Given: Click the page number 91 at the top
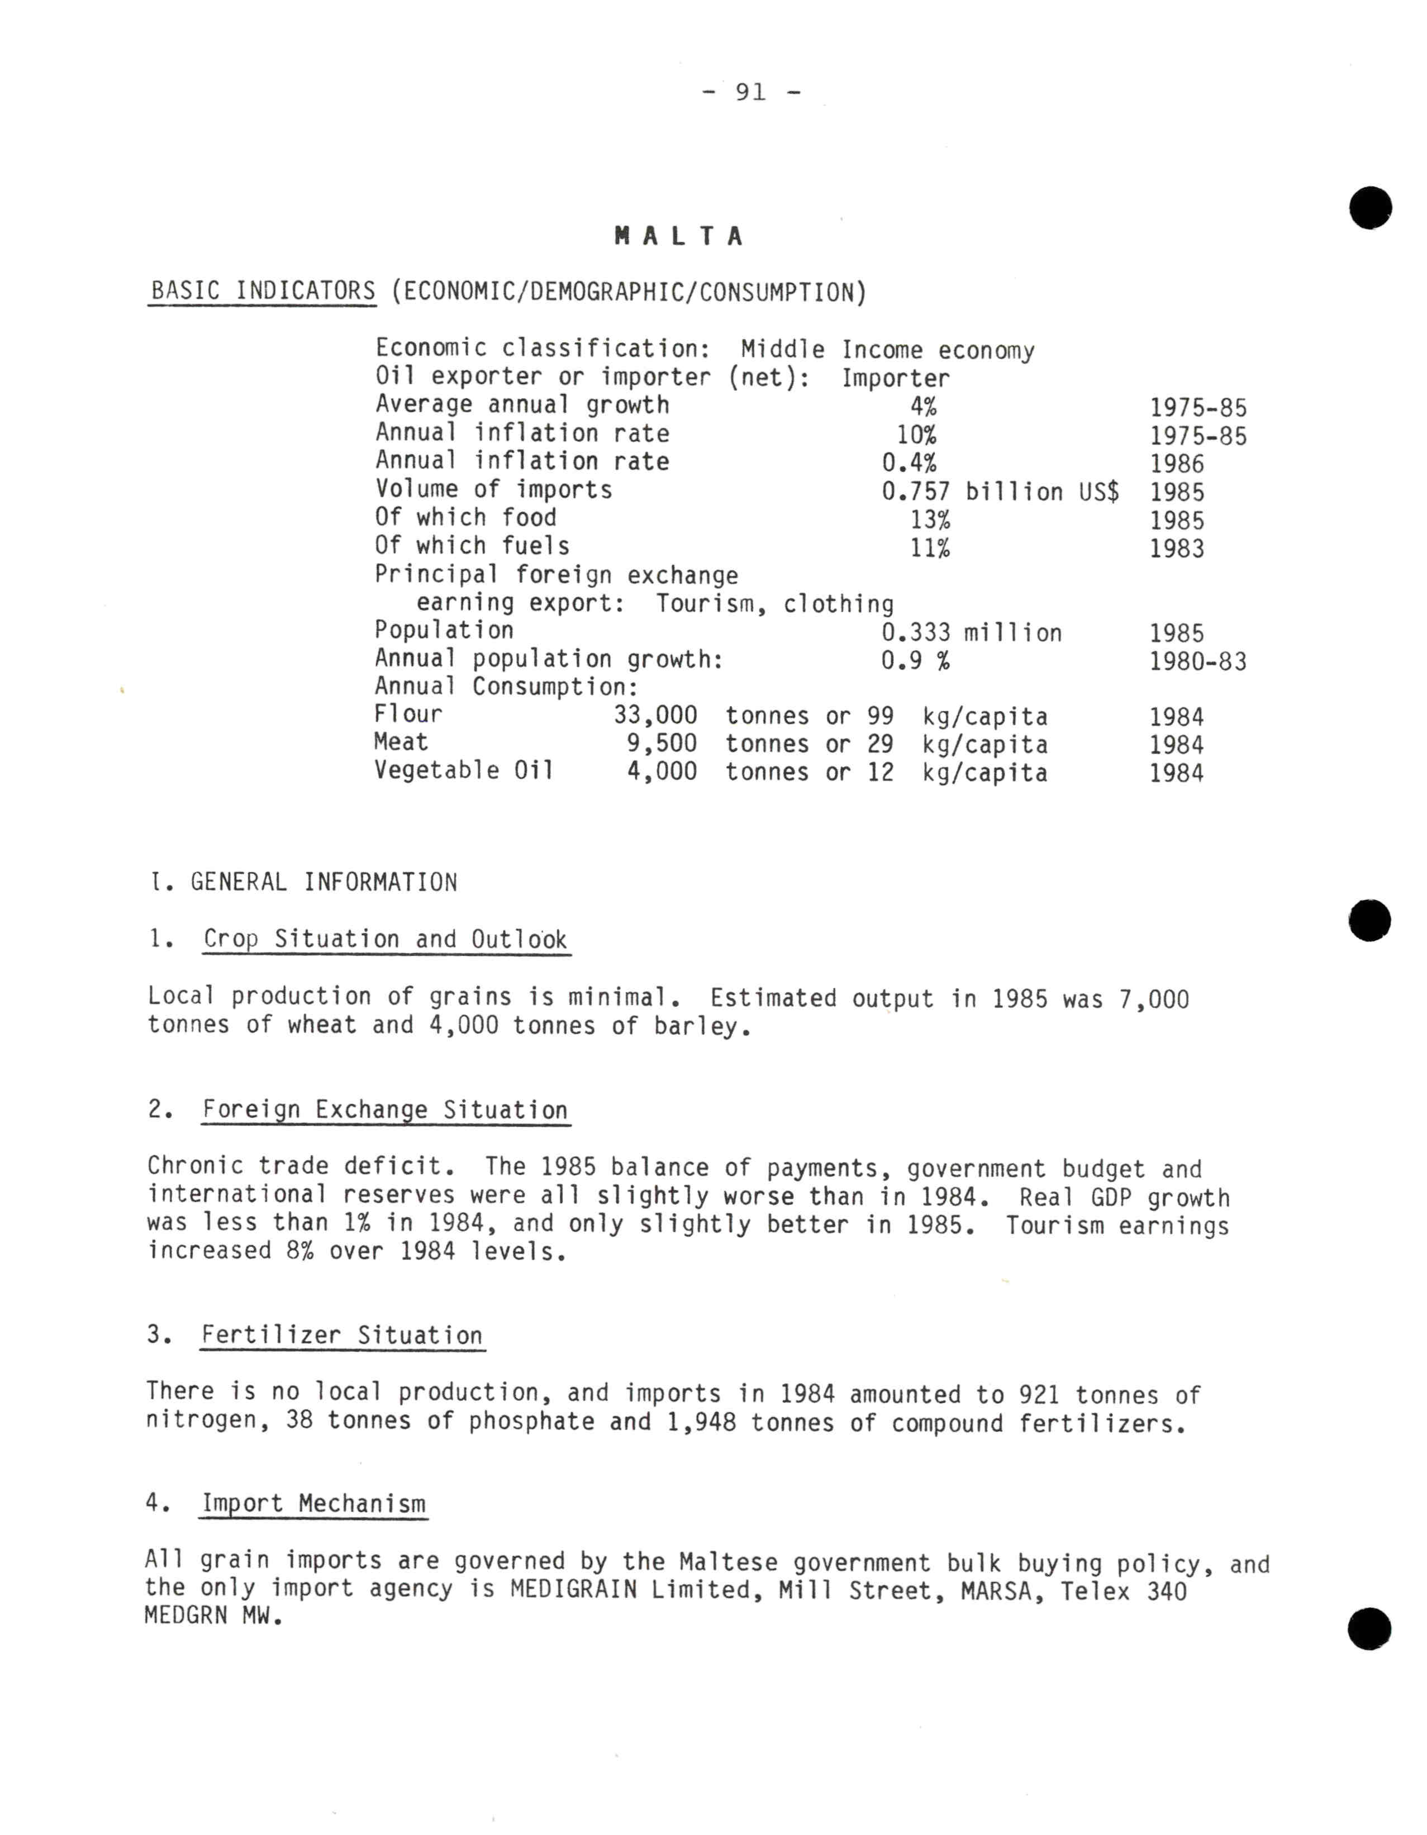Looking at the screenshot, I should [750, 92].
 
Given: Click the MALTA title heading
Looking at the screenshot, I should [679, 236].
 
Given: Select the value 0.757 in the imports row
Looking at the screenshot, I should [915, 492].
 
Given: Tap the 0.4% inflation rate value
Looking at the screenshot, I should [908, 463].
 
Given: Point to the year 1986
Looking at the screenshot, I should [1177, 464].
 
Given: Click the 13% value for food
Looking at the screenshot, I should [930, 520].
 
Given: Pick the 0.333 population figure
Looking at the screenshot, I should [915, 633].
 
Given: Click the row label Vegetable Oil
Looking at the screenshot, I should [464, 770].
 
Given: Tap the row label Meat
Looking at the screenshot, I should [401, 743].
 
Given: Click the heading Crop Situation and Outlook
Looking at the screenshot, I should [385, 940].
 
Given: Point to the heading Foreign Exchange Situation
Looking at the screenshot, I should [385, 1110].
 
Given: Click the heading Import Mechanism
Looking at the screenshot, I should [313, 1504].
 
